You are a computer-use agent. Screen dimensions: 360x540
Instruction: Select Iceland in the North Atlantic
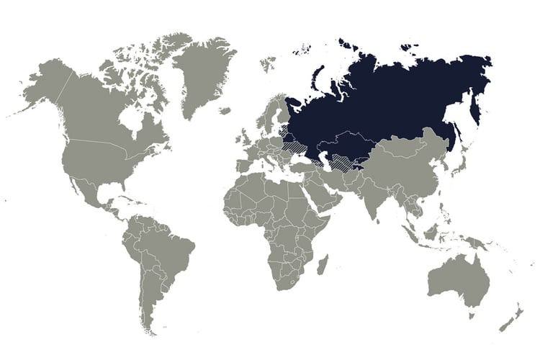coord(225,111)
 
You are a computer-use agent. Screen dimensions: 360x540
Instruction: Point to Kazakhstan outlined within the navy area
coord(346,144)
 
